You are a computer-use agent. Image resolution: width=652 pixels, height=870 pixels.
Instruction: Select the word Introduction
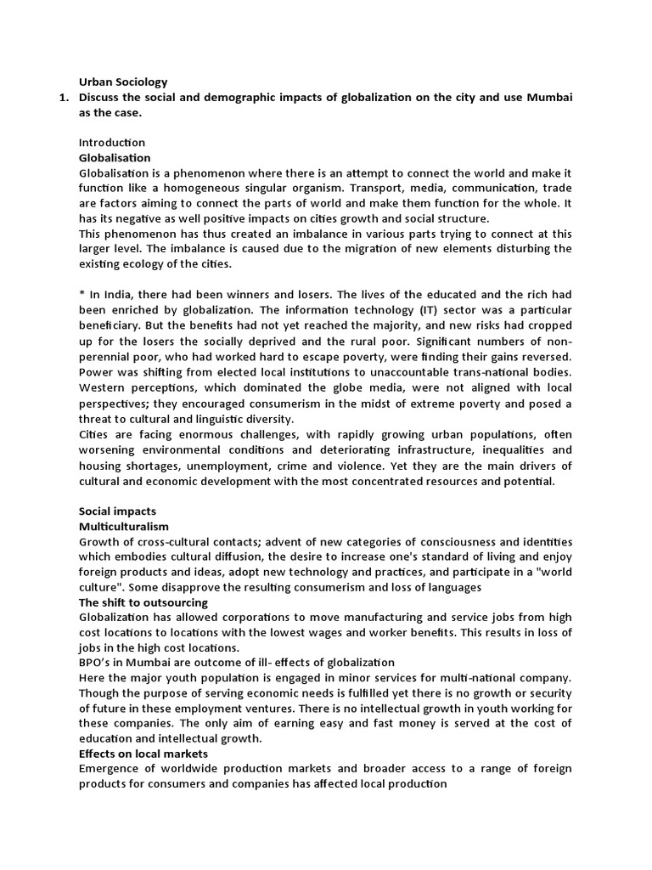click(112, 143)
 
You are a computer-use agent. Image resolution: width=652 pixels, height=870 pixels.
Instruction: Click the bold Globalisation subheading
click(115, 158)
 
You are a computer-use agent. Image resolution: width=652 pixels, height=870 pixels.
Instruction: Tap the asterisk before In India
click(81, 295)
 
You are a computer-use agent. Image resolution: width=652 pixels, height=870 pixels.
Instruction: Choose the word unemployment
click(234, 466)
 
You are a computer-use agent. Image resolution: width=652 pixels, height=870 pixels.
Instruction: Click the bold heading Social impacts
click(118, 511)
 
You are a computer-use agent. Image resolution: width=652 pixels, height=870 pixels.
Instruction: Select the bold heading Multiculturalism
click(124, 527)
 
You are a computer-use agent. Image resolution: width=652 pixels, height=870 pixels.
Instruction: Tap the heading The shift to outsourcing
click(143, 602)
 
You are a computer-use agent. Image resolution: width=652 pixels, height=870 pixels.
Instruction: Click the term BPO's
click(94, 663)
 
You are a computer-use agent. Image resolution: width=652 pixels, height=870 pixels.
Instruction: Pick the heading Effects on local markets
click(143, 753)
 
